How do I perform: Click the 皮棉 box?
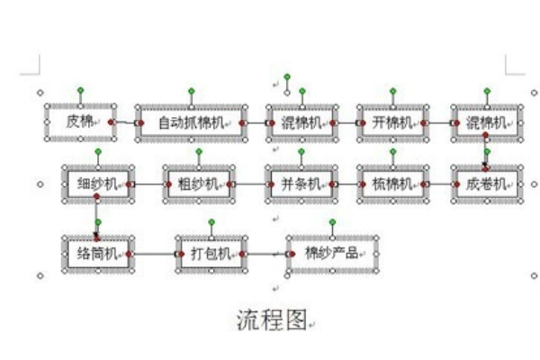(80, 121)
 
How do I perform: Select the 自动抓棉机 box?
(191, 122)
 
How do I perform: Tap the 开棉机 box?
(392, 122)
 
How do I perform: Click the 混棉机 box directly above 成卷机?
(487, 122)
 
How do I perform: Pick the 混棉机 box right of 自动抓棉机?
(301, 122)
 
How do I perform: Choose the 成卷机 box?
(487, 184)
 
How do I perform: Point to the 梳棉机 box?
(392, 184)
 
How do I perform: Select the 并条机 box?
(301, 184)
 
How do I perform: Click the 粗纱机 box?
(198, 184)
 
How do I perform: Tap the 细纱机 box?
(97, 184)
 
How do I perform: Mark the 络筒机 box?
(97, 254)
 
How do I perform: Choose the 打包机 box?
(211, 254)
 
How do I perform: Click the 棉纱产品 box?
(332, 253)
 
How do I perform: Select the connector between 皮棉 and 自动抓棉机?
(125, 122)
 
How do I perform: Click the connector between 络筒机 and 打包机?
(154, 255)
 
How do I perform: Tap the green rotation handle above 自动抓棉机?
(191, 91)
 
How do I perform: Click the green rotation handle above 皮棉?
(80, 90)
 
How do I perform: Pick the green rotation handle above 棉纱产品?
(332, 221)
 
